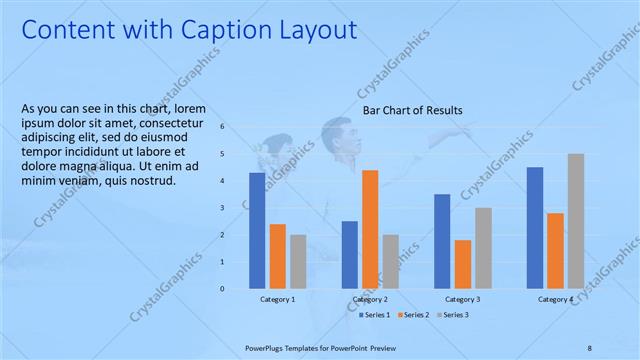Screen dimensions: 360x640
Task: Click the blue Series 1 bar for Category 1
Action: [x=257, y=230]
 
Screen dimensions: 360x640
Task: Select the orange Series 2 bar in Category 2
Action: [x=370, y=229]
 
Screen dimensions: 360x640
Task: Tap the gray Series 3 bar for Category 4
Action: [x=576, y=221]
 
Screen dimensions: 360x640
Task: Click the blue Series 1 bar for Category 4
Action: [x=535, y=227]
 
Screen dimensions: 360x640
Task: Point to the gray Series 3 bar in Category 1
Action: [x=298, y=261]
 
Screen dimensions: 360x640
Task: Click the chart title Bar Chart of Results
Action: [x=412, y=110]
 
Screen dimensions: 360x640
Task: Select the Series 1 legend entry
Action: [x=375, y=315]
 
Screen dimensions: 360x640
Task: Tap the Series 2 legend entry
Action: [x=415, y=315]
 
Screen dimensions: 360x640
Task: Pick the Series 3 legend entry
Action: [x=454, y=315]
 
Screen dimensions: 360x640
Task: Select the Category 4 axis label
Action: [x=555, y=299]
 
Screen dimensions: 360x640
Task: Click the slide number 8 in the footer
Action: [x=589, y=348]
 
